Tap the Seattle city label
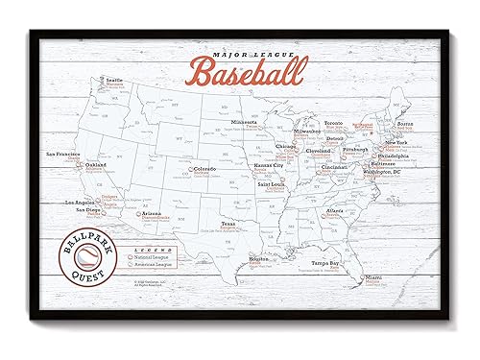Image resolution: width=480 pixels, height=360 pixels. coord(87,106)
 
